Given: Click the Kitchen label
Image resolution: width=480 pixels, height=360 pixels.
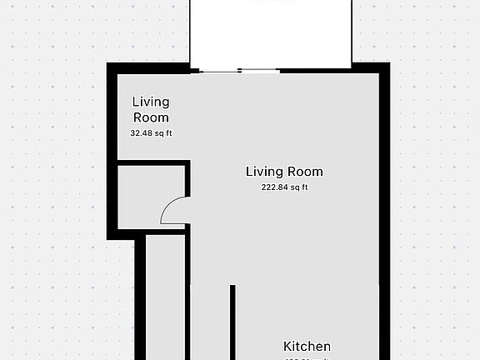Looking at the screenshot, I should [x=307, y=347].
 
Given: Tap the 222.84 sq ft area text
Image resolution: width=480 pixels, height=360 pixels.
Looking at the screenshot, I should [x=284, y=187].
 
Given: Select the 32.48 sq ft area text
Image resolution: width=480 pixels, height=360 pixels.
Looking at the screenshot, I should [x=151, y=133].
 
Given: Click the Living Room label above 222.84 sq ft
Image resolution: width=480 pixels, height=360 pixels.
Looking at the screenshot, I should [x=284, y=172].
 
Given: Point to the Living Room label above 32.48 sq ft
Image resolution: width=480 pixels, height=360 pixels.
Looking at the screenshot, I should [x=151, y=109].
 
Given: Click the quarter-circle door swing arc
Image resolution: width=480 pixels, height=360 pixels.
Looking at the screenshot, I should [x=172, y=210].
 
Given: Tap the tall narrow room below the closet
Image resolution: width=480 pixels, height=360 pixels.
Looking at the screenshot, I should [x=166, y=300].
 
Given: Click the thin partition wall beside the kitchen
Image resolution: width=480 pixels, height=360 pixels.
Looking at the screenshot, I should [x=232, y=321].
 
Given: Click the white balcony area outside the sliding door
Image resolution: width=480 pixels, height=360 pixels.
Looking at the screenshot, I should [x=271, y=33].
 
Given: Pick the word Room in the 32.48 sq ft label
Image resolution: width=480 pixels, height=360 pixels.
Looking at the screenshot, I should [x=151, y=117].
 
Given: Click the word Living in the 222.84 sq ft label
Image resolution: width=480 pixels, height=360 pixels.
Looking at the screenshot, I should [x=265, y=172].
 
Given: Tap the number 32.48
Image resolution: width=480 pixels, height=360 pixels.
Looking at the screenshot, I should [x=142, y=133].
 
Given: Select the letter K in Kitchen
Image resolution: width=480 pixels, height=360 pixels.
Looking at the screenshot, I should [x=288, y=347].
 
